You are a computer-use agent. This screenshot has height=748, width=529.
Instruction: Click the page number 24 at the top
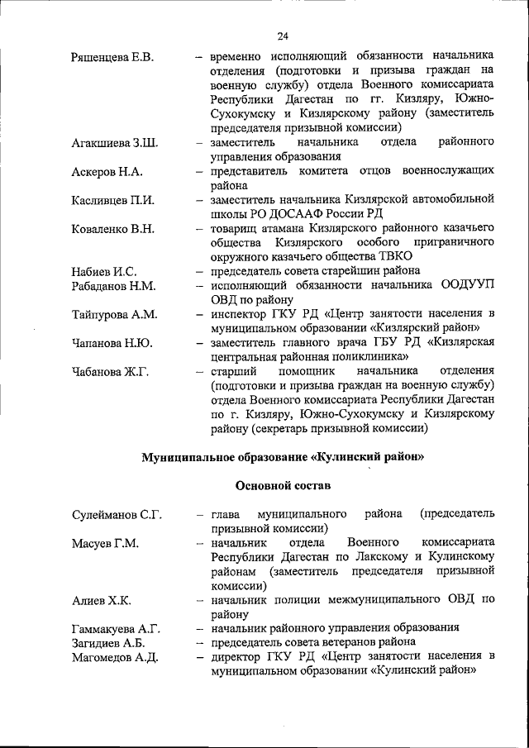point(284,36)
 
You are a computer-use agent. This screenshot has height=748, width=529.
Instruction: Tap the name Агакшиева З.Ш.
point(115,143)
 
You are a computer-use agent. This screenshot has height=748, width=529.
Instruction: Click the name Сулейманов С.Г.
point(117,515)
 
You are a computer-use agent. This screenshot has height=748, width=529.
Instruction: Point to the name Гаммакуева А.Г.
point(117,629)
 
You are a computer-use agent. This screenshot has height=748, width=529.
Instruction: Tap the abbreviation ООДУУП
point(467,285)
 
